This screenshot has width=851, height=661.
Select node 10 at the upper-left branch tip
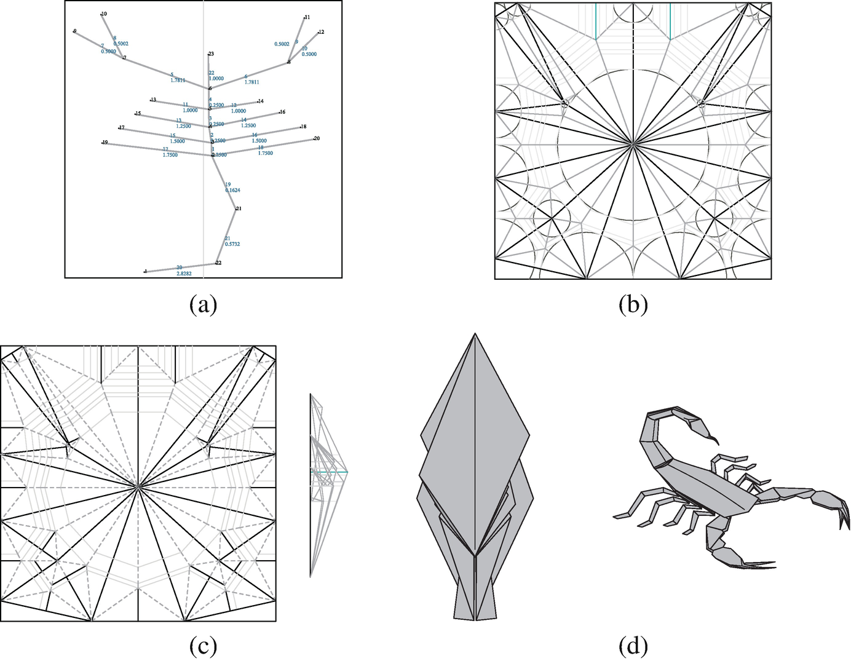[x=103, y=14]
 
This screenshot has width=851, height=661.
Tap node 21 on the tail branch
[x=238, y=208]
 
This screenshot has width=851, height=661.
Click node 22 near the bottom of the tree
[x=218, y=263]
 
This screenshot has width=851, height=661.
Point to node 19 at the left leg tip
[x=105, y=142]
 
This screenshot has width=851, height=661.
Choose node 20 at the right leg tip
[x=316, y=138]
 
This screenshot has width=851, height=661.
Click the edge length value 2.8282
[x=184, y=273]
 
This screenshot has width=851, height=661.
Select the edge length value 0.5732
[x=232, y=244]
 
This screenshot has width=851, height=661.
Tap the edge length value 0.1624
[x=232, y=191]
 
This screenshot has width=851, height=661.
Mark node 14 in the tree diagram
[x=260, y=101]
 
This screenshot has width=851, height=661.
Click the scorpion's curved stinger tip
[x=716, y=442]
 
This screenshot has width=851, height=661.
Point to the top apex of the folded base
[x=475, y=334]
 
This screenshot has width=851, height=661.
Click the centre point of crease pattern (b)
[x=633, y=144]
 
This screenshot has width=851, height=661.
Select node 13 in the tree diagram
[x=152, y=100]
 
